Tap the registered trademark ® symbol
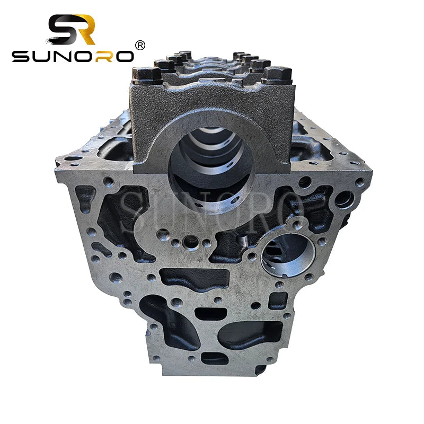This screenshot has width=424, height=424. pyautogui.click(x=140, y=46)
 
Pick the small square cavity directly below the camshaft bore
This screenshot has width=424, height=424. pyautogui.click(x=277, y=301)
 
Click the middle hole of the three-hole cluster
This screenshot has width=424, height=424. pyautogui.click(x=190, y=243)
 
